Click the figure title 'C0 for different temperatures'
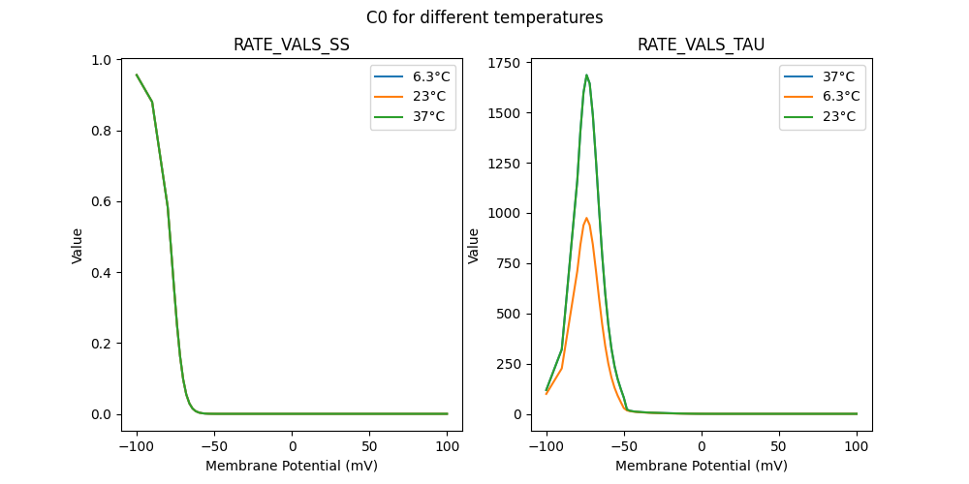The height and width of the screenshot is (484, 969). point(484,17)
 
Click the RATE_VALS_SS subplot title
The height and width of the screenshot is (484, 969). point(292,45)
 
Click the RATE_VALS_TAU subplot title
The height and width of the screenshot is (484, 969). point(702,45)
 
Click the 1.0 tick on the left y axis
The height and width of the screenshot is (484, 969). point(102,60)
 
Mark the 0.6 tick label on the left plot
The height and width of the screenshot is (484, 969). point(102,201)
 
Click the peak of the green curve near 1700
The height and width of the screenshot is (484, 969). point(586,76)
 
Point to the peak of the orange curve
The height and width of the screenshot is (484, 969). point(586,219)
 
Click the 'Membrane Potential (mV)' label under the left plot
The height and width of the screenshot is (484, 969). point(292,466)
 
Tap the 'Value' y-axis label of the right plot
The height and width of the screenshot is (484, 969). point(474,246)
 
